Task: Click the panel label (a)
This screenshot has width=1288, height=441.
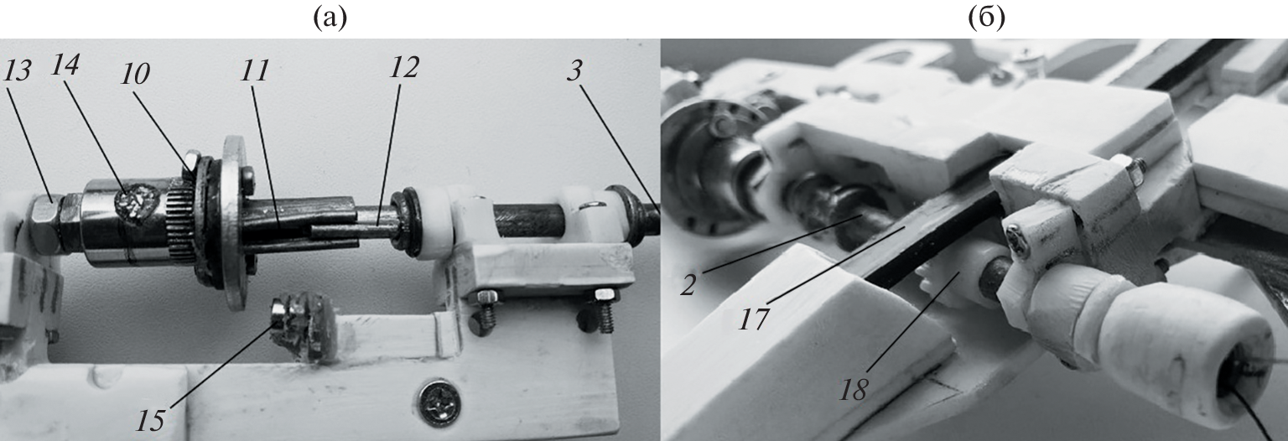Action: tap(330, 18)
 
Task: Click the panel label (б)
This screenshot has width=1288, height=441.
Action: tap(987, 18)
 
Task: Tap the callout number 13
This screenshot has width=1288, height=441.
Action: tap(18, 71)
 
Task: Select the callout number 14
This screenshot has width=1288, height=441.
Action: tap(65, 65)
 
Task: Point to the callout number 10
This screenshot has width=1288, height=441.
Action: tap(134, 74)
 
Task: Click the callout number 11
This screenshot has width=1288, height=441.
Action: tap(255, 70)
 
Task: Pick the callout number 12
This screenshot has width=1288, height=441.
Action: tap(404, 67)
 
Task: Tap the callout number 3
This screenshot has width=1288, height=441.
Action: tap(574, 70)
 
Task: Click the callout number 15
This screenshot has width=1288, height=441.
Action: tap(150, 420)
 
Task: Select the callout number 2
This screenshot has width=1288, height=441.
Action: tap(688, 284)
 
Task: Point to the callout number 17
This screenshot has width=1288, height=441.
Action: tap(754, 319)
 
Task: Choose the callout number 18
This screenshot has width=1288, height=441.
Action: tap(854, 391)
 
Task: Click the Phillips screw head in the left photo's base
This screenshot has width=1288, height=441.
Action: tap(440, 402)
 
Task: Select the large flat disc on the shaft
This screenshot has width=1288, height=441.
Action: tap(234, 221)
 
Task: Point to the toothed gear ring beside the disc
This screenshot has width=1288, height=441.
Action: tap(179, 220)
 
